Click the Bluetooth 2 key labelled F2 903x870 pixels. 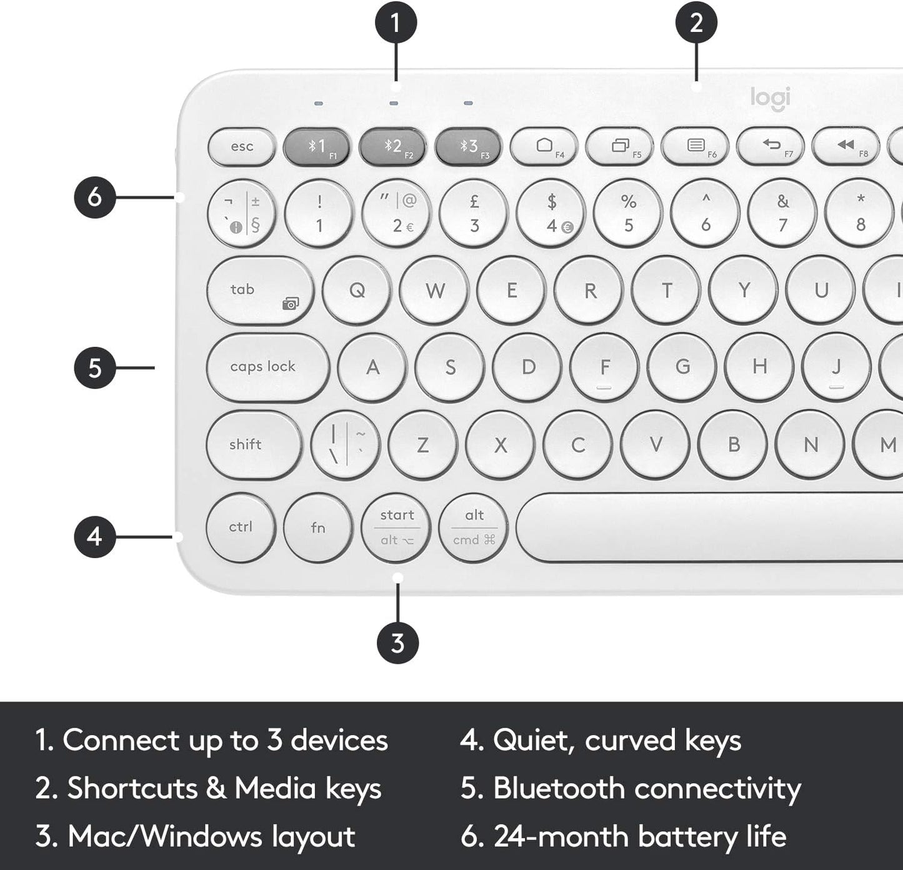pyautogui.click(x=392, y=147)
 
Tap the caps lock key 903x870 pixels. pyautogui.click(x=267, y=367)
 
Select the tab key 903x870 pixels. pyautogui.click(x=259, y=290)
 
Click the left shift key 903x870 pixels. pyautogui.click(x=254, y=444)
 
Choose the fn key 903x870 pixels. pyautogui.click(x=317, y=527)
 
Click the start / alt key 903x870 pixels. pyautogui.click(x=396, y=527)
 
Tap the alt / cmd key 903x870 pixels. pyautogui.click(x=474, y=527)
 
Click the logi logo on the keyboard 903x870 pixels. pyautogui.click(x=770, y=98)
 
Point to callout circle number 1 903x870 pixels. pyautogui.click(x=396, y=23)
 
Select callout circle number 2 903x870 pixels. pyautogui.click(x=696, y=23)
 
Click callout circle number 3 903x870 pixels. pyautogui.click(x=397, y=642)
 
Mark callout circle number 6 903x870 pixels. pyautogui.click(x=94, y=197)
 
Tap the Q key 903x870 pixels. pyautogui.click(x=357, y=290)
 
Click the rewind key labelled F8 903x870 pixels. pyautogui.click(x=846, y=146)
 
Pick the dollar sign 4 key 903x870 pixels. pyautogui.click(x=551, y=213)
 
